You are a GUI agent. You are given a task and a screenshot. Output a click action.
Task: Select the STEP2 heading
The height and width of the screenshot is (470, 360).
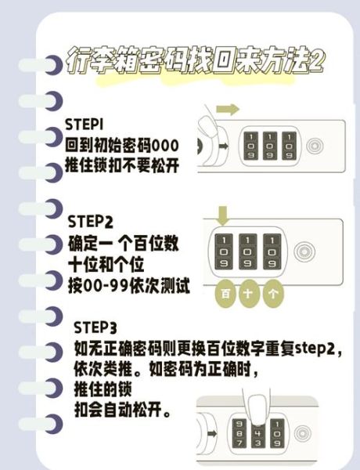click(x=92, y=222)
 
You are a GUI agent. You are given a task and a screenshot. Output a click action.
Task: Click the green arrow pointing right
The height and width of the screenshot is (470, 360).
click(x=228, y=109)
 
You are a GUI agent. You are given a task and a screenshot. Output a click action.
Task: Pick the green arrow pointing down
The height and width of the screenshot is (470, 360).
click(x=222, y=213)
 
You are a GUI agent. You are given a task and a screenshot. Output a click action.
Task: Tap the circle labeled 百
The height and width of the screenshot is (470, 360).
click(x=225, y=295)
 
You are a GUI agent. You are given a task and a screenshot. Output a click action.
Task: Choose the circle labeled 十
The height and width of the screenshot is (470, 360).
click(x=250, y=295)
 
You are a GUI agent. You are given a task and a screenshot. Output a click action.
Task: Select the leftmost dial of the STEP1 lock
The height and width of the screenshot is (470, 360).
click(x=250, y=146)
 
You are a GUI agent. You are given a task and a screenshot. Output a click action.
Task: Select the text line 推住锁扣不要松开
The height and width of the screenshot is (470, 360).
click(x=124, y=165)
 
